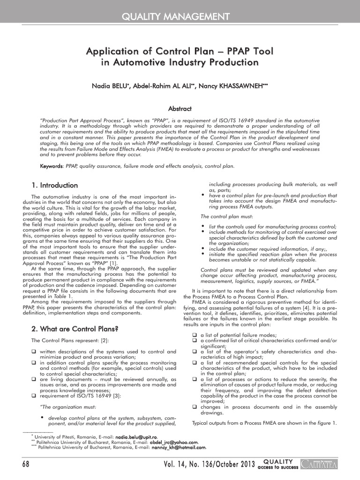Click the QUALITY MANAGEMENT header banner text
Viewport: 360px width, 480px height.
coord(180,17)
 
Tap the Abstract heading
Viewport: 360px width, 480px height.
coord(180,109)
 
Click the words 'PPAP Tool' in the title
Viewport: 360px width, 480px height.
coord(246,50)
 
